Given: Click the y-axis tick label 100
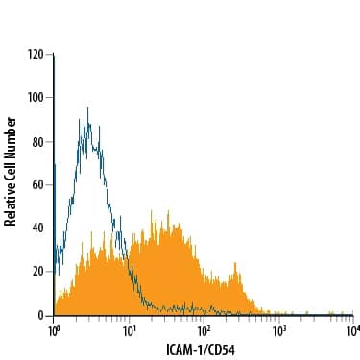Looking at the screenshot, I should coord(36,97).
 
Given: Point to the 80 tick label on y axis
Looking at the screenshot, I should coord(38,141).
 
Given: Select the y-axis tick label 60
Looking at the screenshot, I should coord(38,184).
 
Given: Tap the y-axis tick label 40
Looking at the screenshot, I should coord(38,228).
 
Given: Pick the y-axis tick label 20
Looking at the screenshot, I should coord(38,272).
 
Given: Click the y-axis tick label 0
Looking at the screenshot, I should coord(41,315).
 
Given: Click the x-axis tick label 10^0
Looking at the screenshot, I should coord(54,330).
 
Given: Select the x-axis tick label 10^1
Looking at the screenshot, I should coord(129,330).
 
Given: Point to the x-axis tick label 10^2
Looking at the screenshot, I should coord(204,330).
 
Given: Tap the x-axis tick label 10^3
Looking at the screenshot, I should coord(278,330).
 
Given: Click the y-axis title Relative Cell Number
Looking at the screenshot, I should coord(11,171).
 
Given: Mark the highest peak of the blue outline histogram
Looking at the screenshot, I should coord(87,108).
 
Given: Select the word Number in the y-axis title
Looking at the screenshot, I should coord(11,135).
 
